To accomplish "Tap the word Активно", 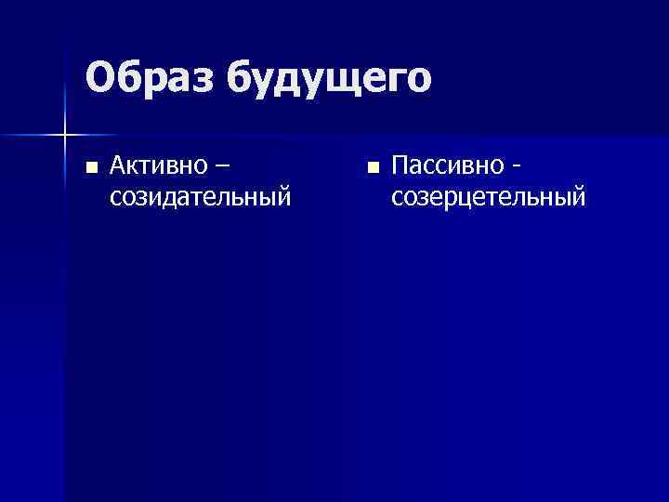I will [x=156, y=166].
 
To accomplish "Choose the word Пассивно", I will [x=445, y=166].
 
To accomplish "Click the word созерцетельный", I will [x=489, y=197].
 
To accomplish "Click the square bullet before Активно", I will [x=90, y=168].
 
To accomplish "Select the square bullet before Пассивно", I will [x=373, y=168].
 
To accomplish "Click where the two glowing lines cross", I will [x=64, y=136].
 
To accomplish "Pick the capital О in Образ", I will [x=99, y=78].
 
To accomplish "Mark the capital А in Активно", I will [x=118, y=166].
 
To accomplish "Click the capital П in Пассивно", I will [x=400, y=166].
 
